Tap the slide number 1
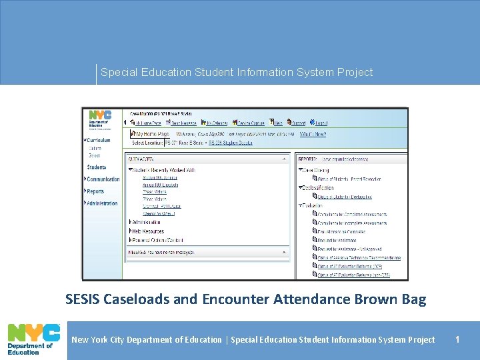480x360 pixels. click(457, 339)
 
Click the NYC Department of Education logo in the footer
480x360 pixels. click(31, 340)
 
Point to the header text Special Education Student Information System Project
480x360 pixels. click(237, 72)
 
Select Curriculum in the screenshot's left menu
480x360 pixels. click(98, 140)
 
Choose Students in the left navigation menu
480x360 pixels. click(97, 167)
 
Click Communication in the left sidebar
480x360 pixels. click(103, 179)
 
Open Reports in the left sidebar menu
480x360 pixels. click(95, 191)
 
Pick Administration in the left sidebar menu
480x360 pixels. click(102, 203)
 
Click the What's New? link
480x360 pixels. click(313, 134)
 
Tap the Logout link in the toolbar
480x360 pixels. click(321, 123)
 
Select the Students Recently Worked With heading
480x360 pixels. click(163, 171)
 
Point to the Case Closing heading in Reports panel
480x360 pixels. click(317, 171)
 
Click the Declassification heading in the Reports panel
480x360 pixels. click(321, 188)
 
